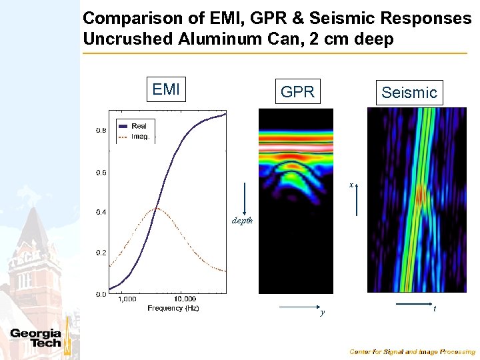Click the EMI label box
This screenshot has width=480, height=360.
click(x=166, y=89)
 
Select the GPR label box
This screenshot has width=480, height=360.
click(x=297, y=92)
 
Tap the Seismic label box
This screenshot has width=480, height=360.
click(x=409, y=93)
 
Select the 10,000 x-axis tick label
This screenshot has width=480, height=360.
click(x=185, y=299)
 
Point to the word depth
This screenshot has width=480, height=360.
click(x=242, y=219)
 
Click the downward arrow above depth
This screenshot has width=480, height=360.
click(x=246, y=197)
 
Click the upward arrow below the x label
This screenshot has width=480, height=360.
click(x=357, y=200)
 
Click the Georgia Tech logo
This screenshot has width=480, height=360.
click(x=36, y=338)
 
